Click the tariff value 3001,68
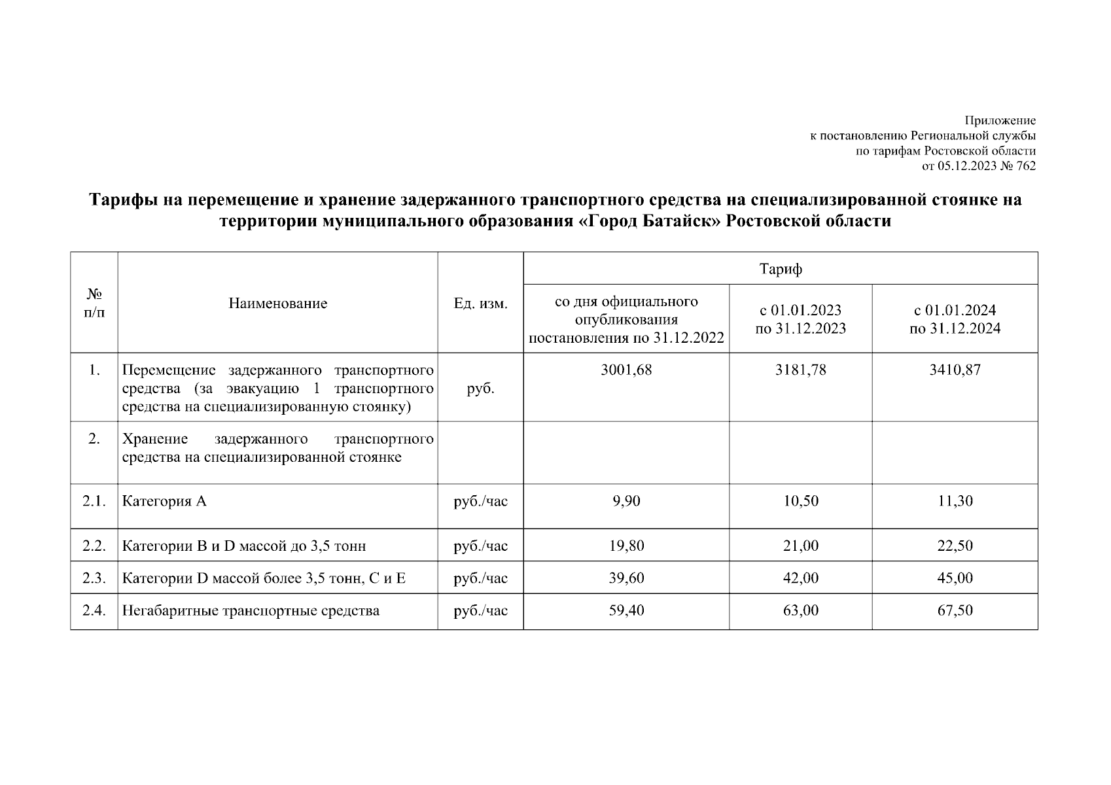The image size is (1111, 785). [626, 370]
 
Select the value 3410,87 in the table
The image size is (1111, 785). [955, 370]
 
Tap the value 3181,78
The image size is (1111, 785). [800, 370]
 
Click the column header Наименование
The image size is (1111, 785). [278, 304]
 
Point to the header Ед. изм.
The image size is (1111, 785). [480, 304]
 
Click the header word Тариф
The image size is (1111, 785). [781, 269]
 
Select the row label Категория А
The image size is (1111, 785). [164, 502]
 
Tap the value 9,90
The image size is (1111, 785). [626, 502]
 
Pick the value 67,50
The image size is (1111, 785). [955, 611]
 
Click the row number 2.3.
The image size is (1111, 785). [94, 578]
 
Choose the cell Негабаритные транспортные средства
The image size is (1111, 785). [251, 611]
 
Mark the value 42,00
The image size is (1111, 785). [800, 578]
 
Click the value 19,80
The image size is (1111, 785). [626, 546]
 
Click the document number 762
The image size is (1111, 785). [1027, 166]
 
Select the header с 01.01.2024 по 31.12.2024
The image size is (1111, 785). [955, 319]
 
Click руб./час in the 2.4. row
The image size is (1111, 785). [480, 611]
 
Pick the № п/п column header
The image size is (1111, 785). [94, 304]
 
